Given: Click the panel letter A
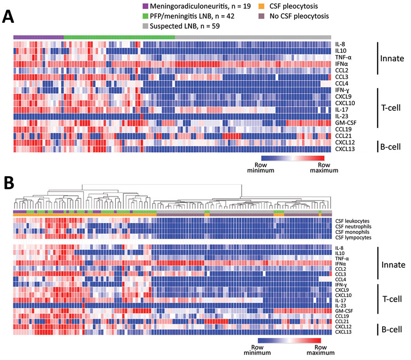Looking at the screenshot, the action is click(8, 17).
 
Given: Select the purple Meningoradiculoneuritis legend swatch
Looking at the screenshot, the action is click(145, 6).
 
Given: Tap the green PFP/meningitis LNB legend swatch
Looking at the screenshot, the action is click(145, 16).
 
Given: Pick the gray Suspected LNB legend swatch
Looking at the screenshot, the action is click(145, 26).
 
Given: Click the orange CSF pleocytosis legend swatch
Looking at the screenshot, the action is click(261, 6).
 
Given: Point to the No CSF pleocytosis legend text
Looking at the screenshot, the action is click(299, 16).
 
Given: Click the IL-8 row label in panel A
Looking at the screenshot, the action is click(340, 44).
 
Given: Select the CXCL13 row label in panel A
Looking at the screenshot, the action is click(345, 149).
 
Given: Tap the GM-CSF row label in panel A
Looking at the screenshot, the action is click(346, 123).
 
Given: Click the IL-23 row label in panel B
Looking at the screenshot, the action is click(341, 306).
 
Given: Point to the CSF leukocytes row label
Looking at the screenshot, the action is click(352, 221).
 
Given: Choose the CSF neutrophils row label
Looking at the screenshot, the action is click(353, 227).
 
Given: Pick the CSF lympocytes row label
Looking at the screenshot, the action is click(353, 238).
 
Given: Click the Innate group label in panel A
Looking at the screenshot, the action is click(392, 58).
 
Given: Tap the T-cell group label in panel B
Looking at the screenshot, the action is click(392, 299).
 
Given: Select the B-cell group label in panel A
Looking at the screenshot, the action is click(390, 147).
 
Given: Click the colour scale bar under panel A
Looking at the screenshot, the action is click(293, 158).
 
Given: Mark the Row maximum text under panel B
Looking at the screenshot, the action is click(321, 350).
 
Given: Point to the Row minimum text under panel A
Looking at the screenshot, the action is click(261, 167).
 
